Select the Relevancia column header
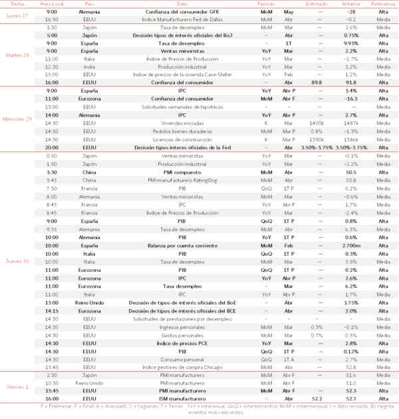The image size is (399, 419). pos(381,3)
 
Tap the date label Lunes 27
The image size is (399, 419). pos(16,16)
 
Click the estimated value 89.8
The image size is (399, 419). pos(317,83)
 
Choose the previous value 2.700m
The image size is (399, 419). pos(351,245)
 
